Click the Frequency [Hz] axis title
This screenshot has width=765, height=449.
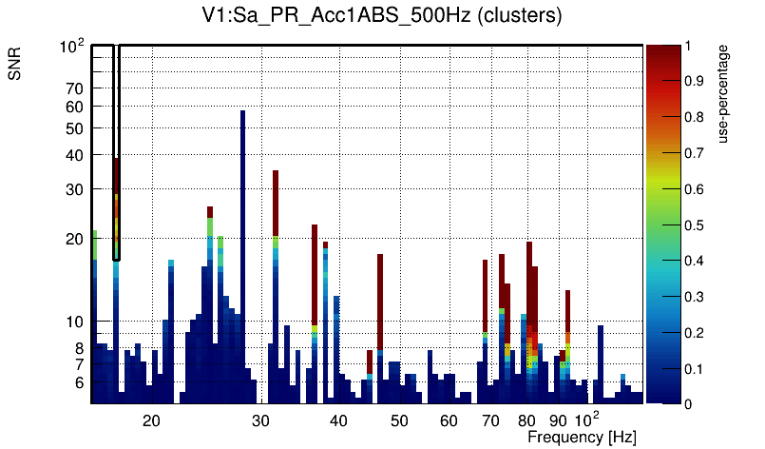pyautogui.click(x=582, y=437)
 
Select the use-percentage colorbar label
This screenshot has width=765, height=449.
pyautogui.click(x=724, y=92)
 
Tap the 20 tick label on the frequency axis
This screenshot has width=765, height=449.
pyautogui.click(x=151, y=420)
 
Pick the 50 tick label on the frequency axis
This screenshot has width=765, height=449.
pyautogui.click(x=399, y=420)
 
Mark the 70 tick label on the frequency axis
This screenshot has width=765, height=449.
pyautogui.click(x=490, y=420)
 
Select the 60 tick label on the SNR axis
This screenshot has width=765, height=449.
pyautogui.click(x=74, y=107)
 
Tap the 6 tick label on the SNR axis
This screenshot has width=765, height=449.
pyautogui.click(x=78, y=382)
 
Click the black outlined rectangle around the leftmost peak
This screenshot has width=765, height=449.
pyautogui.click(x=116, y=152)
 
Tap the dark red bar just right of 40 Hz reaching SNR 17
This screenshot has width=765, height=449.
pyautogui.click(x=380, y=300)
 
